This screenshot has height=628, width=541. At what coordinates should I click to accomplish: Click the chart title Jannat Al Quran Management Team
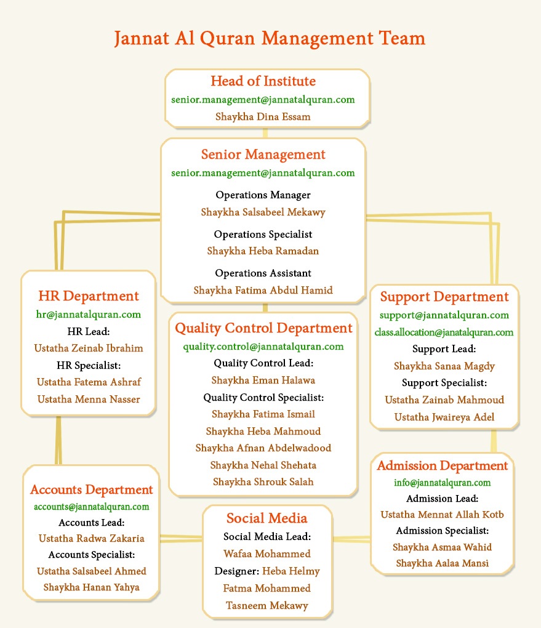pyautogui.click(x=270, y=39)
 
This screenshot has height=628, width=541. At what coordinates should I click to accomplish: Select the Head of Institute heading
pyautogui.click(x=263, y=81)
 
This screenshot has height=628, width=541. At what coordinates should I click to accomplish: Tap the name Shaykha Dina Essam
pyautogui.click(x=263, y=116)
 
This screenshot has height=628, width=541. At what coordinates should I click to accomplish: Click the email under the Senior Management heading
pyautogui.click(x=263, y=173)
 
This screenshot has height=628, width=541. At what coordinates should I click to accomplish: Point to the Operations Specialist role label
pyautogui.click(x=263, y=234)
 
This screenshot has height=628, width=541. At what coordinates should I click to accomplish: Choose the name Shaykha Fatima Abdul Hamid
pyautogui.click(x=263, y=290)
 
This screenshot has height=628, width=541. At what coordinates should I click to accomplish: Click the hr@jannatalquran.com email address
pyautogui.click(x=89, y=315)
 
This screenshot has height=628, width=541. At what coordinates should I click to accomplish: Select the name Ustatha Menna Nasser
pyautogui.click(x=89, y=400)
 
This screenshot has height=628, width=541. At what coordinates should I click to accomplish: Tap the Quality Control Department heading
pyautogui.click(x=263, y=328)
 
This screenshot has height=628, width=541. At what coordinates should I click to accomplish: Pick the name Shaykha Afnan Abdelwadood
pyautogui.click(x=263, y=448)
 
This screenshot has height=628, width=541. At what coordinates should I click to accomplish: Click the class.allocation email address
pyautogui.click(x=444, y=332)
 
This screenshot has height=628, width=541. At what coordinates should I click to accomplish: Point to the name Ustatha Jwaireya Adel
pyautogui.click(x=444, y=417)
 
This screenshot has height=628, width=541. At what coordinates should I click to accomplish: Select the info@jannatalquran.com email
pyautogui.click(x=442, y=483)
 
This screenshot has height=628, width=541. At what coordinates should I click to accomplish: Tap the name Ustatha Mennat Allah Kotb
pyautogui.click(x=442, y=515)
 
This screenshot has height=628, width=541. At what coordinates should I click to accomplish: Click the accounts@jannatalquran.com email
pyautogui.click(x=91, y=507)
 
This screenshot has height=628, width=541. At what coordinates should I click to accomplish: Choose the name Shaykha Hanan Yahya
pyautogui.click(x=91, y=587)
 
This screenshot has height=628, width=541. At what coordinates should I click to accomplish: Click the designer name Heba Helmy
pyautogui.click(x=291, y=571)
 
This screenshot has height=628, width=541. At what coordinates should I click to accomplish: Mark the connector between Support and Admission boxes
pyautogui.click(x=494, y=441)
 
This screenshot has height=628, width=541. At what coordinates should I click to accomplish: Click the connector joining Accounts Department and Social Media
pyautogui.click(x=181, y=538)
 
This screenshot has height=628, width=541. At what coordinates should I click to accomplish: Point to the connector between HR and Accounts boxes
pyautogui.click(x=58, y=440)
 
